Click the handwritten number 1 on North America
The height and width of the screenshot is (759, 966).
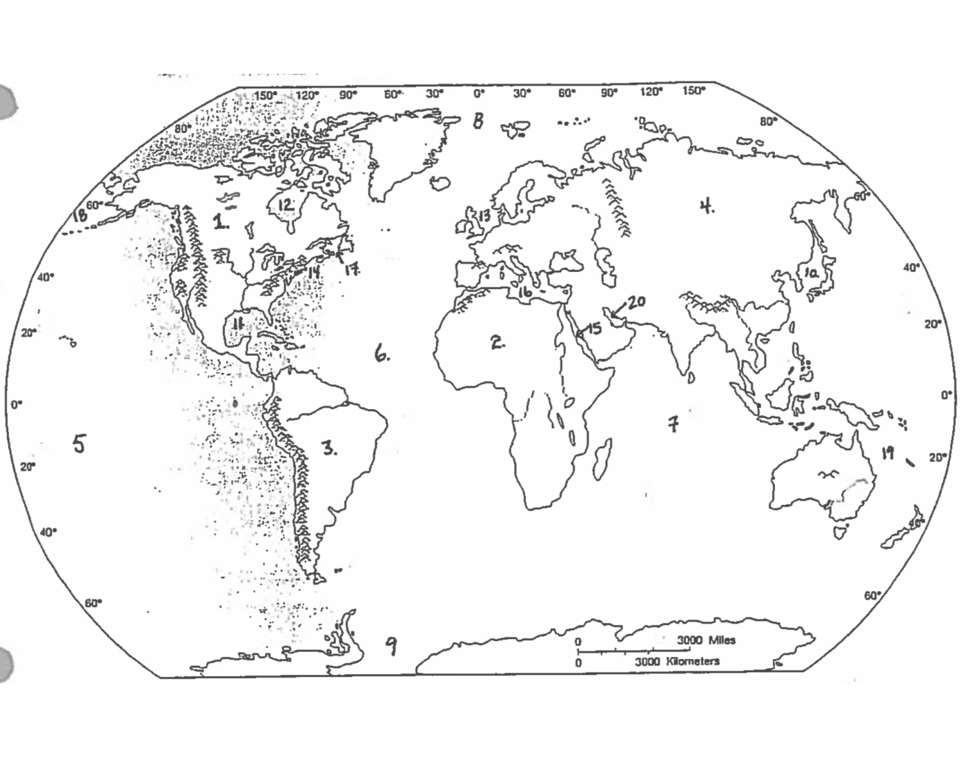click(x=220, y=221)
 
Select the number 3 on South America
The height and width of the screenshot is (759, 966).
click(x=329, y=448)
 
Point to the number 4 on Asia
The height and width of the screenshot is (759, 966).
click(x=706, y=206)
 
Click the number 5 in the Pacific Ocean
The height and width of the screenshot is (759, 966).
click(x=79, y=443)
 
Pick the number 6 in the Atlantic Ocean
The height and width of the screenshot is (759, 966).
click(x=382, y=354)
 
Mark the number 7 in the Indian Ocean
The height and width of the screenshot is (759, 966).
click(x=673, y=423)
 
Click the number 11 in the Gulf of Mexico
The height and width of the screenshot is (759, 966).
click(x=238, y=324)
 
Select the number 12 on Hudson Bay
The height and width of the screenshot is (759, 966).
click(x=286, y=205)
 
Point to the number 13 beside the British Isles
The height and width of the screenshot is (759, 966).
click(x=484, y=216)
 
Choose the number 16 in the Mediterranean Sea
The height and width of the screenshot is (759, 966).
click(x=524, y=293)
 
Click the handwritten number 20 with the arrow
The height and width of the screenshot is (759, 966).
click(x=635, y=302)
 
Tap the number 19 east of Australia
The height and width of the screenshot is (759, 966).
click(x=887, y=453)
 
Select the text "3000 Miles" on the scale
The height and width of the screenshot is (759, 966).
click(x=705, y=640)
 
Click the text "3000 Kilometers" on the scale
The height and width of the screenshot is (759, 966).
click(x=677, y=661)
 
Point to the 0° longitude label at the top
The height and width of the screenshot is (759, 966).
click(x=479, y=93)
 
